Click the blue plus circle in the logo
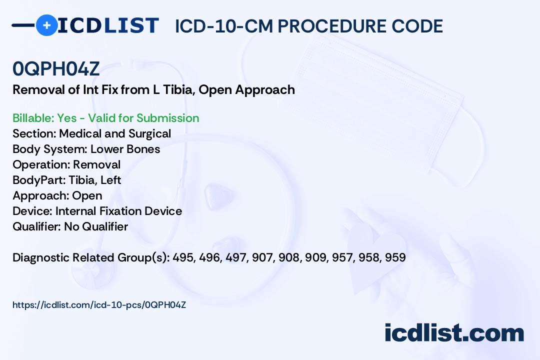tap(47, 25)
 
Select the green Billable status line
tap(106, 118)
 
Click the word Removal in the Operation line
tap(96, 164)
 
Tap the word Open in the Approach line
tap(87, 195)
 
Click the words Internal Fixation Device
tap(118, 211)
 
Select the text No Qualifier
tap(96, 226)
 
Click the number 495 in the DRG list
tap(183, 257)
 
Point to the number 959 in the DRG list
tap(395, 257)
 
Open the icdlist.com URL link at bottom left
tap(99, 304)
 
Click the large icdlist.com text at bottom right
tap(454, 332)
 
